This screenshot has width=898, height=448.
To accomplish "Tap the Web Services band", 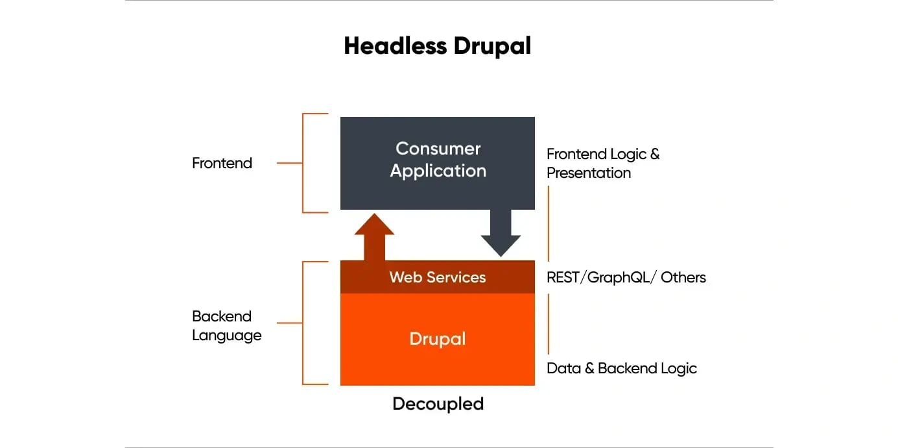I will point(438,277).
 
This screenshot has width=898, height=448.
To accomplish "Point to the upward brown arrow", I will point(374,238).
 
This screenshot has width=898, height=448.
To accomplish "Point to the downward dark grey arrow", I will point(501,232).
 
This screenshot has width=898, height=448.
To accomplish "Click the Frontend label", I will point(222,163).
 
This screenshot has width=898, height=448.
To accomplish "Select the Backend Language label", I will point(226,326).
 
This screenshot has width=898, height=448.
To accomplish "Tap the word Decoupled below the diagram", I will point(438,404).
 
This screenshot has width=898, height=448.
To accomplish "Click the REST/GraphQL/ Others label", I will point(626,277).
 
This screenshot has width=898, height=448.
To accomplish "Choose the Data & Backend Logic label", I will point(621,368).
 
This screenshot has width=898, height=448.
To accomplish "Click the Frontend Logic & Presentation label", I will point(602,163).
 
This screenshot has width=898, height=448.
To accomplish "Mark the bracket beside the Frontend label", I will point(303,163).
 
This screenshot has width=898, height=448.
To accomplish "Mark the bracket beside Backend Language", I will point(303,323).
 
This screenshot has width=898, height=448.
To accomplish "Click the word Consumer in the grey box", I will point(438,149).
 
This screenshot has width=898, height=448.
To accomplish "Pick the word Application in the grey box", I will point(438,171).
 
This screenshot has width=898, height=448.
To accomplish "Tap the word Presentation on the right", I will point(588,173).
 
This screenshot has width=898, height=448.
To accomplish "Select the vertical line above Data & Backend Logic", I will point(549,323).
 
